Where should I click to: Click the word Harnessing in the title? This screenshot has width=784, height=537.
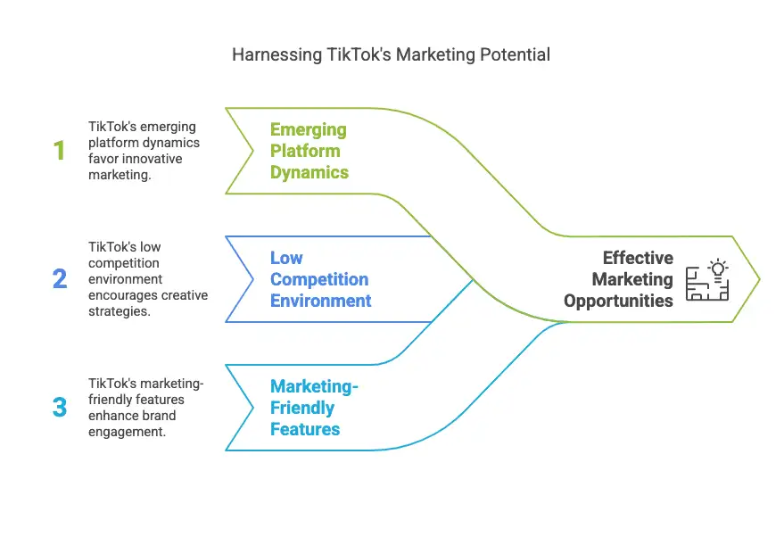pos(277,55)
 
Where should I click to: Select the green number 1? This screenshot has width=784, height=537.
pos(60,151)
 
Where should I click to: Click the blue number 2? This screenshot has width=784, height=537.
pos(60,279)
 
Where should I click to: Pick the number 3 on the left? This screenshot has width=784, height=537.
pos(60,407)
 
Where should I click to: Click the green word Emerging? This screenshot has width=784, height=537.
pos(309,130)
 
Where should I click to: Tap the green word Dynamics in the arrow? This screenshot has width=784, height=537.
pos(309,172)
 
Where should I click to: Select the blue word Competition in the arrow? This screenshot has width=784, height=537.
pos(319,279)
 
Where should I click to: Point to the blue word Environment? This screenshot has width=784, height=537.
pos(321,301)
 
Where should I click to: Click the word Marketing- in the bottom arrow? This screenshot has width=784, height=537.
pos(315,386)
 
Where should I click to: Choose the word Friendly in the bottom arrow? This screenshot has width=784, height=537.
pos(302,408)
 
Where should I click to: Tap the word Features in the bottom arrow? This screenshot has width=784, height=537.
pos(305,429)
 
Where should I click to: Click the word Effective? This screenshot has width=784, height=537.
pos(638,258)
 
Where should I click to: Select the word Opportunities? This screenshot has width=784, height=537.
pos(618,301)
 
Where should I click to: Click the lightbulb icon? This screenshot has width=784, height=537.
pos(718,269)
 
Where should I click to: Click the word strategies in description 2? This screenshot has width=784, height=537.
pos(119,311)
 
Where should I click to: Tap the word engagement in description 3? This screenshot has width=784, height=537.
pos(127,432)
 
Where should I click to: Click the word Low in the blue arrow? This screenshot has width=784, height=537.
pos(286,258)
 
